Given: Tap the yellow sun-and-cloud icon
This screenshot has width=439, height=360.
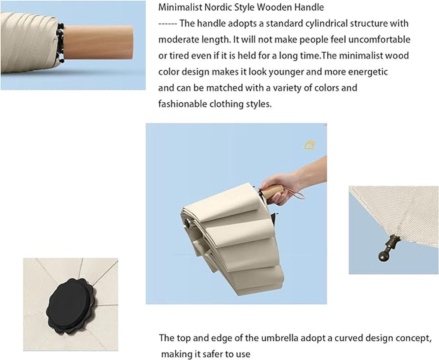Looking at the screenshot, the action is (x=310, y=145).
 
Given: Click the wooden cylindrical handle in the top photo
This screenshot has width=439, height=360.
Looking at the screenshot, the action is (x=98, y=43).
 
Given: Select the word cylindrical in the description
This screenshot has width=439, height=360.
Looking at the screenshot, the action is (x=321, y=23).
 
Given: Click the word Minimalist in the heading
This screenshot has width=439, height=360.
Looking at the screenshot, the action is (x=180, y=7).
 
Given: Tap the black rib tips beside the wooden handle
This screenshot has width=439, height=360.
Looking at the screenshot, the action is (x=60, y=43).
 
